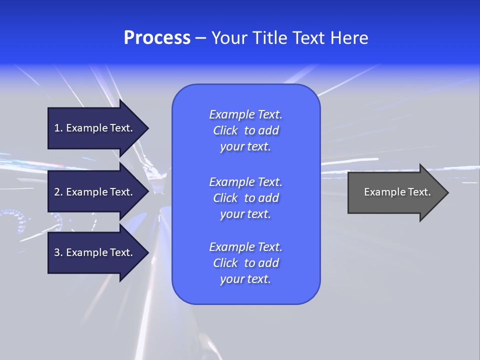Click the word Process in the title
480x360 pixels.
tap(157, 38)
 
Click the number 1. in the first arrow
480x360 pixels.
tap(58, 128)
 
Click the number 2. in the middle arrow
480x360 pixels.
tap(58, 192)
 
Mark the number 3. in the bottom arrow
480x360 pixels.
tap(58, 252)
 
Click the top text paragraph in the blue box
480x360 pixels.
tap(245, 130)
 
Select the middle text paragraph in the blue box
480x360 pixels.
tap(245, 198)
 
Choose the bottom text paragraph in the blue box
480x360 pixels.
tap(245, 263)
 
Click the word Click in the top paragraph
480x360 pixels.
tap(225, 130)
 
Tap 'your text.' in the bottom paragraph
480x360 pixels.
tap(245, 279)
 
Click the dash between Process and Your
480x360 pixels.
tap(201, 38)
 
